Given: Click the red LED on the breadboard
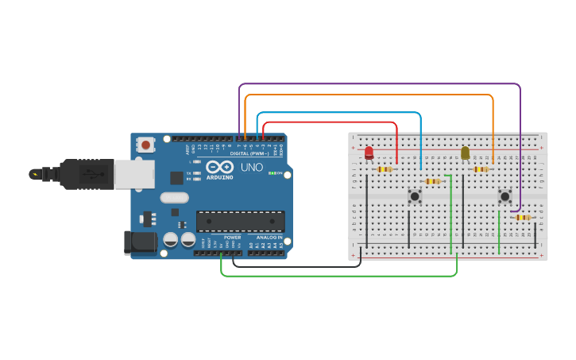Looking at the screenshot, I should coord(369,152).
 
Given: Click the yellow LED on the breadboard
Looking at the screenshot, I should coord(466,152).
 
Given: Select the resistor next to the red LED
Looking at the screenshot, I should coord(385,168).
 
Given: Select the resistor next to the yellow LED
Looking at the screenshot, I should coord(481,168).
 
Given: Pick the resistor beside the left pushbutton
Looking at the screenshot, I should coord(432,181).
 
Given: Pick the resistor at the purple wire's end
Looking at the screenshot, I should coord(523,217).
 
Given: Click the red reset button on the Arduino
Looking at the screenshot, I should coord(145,145).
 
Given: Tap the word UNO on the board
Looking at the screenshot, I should coord(252,168).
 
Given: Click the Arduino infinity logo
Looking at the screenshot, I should coord(219,167).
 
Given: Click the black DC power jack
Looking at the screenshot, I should coord(139,242).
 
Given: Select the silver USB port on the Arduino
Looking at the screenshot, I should coord(133,174).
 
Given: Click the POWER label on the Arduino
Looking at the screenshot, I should coord(232,238).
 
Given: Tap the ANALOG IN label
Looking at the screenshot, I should coord(269,238).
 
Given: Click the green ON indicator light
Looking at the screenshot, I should coord(272,173).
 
